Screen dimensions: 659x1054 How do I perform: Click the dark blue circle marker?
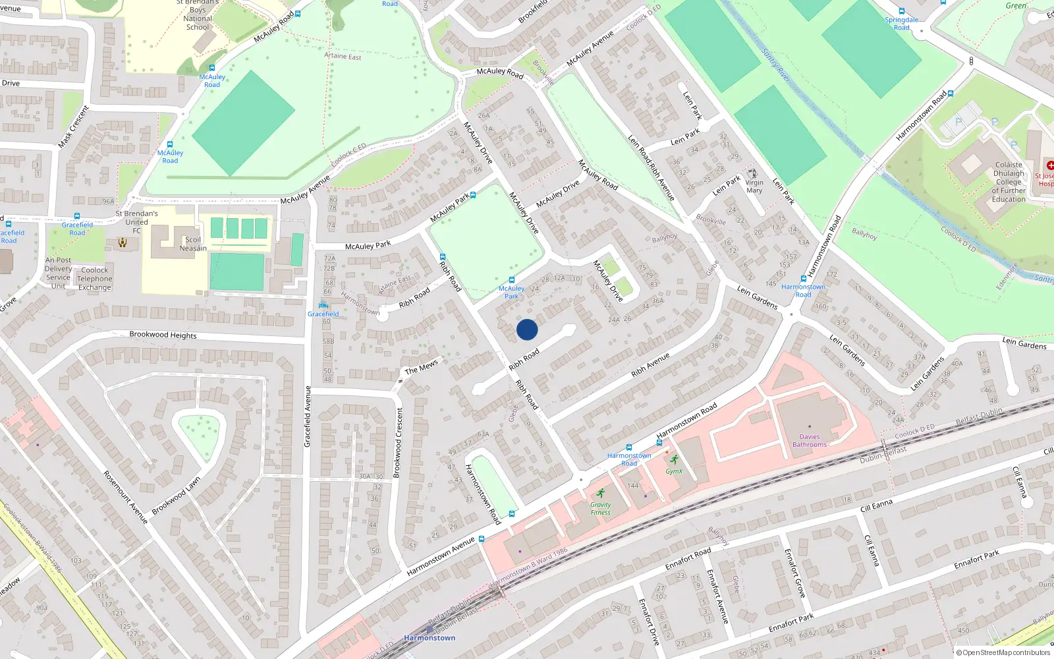(x=527, y=329)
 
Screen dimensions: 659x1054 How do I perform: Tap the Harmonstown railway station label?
(x=430, y=637)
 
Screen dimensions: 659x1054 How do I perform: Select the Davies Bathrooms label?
(x=810, y=440)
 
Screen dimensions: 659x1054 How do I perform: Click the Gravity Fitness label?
(x=600, y=508)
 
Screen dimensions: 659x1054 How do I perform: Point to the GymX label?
(x=674, y=471)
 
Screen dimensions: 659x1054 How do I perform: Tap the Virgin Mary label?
(x=754, y=186)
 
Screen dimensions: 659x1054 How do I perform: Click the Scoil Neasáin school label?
(x=193, y=244)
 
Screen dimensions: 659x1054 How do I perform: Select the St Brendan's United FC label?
(x=136, y=222)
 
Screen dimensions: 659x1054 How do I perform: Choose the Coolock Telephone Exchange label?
(x=95, y=279)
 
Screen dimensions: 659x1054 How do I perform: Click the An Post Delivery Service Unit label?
(x=59, y=273)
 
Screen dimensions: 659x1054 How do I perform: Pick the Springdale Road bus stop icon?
(x=902, y=11)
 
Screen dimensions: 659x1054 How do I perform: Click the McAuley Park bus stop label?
(x=511, y=292)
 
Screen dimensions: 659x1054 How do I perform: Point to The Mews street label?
(x=422, y=367)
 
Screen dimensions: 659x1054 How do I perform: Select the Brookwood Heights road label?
(x=163, y=335)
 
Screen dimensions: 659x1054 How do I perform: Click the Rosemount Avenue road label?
(x=125, y=497)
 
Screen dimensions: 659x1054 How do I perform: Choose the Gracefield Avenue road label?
(x=307, y=416)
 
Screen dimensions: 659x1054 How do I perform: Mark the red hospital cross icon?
(x=1050, y=165)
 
